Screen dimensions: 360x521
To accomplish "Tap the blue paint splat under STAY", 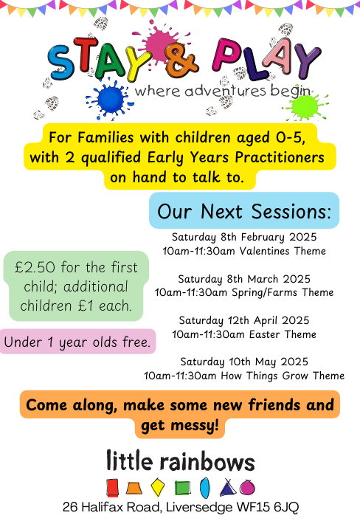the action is coord(110,99).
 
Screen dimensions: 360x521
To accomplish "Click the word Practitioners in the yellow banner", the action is coord(280,157).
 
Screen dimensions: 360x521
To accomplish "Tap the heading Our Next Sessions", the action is coord(244,211).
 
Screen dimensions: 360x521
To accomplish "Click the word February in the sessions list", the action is coord(263,237).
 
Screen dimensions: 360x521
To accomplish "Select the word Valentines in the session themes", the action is coord(264,251).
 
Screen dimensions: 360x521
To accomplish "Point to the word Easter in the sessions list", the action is coord(265,334).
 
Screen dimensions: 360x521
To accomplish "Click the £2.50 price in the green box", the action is coord(35,267).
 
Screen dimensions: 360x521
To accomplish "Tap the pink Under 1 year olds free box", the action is coord(77,342).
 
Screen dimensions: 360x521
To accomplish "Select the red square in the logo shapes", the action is coord(112,488).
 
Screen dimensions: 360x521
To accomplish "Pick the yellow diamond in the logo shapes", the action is coord(157,488).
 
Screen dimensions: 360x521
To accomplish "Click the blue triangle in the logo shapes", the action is coord(228,488).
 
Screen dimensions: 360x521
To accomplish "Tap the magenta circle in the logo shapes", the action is coord(247,488).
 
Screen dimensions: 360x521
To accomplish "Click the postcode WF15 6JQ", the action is coord(268,508).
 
